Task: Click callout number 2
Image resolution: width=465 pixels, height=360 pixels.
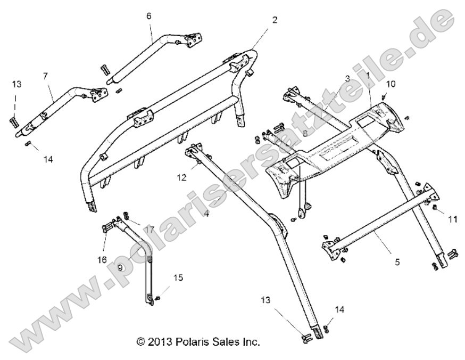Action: pos(274,20)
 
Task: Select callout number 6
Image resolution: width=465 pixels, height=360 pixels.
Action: pos(149,16)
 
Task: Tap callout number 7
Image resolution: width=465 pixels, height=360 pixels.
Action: pos(45,76)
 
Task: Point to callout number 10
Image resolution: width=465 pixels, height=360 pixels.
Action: pos(391,84)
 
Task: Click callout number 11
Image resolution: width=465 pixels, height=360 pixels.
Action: pos(453,218)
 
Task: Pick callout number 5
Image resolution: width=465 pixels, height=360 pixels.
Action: pos(397,262)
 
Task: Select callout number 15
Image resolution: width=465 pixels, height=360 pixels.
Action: pos(178,277)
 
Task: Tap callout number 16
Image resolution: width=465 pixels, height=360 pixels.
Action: pos(102,259)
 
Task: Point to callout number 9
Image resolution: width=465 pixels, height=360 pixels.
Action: pos(121,268)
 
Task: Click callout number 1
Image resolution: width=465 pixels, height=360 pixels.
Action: pos(368,76)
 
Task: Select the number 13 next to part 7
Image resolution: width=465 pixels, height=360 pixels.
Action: pos(16,84)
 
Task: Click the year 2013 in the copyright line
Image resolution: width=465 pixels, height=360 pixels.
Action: pos(159,342)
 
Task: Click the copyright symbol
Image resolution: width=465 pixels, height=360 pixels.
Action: pos(140,342)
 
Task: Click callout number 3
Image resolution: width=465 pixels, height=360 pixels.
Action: pos(347,78)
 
